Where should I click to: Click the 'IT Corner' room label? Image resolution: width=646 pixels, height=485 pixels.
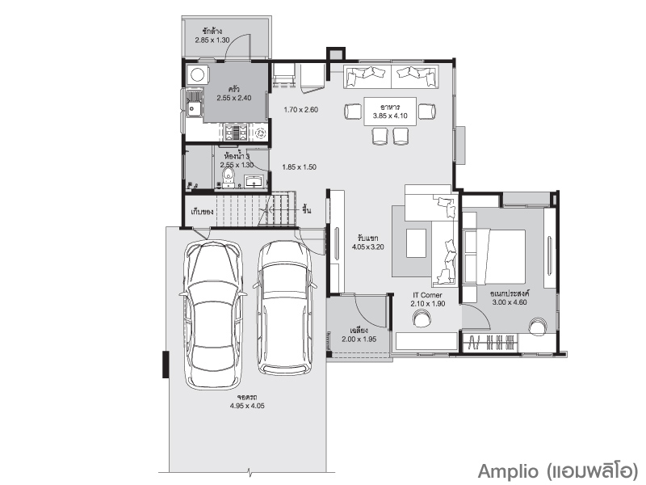click(428, 295)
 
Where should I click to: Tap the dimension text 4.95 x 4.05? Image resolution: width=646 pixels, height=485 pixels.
click(247, 406)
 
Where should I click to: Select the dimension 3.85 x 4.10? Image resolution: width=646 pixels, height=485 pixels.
click(390, 116)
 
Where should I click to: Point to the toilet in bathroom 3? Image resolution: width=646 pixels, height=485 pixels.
click(228, 176)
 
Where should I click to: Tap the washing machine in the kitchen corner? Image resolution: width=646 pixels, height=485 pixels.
click(197, 74)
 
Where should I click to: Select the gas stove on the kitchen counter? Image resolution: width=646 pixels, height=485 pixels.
click(236, 133)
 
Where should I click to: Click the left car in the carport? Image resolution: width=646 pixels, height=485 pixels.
click(213, 315)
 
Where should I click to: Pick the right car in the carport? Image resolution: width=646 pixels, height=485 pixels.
click(285, 307)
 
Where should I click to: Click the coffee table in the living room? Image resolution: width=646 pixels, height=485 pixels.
click(416, 243)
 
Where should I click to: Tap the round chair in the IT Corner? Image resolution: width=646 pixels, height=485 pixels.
click(422, 318)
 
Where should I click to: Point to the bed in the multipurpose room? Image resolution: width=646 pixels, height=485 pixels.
click(494, 257)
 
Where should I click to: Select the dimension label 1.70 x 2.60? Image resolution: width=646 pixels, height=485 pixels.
click(300, 110)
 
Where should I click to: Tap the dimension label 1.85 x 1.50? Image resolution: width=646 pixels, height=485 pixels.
click(299, 167)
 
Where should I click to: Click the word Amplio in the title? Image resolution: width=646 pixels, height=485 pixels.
click(508, 471)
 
